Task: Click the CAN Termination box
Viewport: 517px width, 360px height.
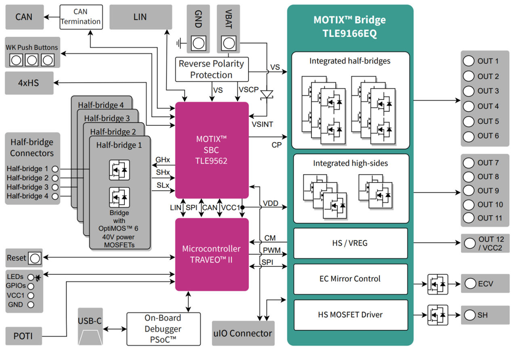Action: pos(81,17)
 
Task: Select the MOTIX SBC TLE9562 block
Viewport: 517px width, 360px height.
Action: pos(212,149)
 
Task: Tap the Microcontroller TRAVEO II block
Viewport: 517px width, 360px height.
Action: pos(212,254)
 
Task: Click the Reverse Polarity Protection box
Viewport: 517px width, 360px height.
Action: pos(211,69)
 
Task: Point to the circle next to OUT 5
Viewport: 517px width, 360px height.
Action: pos(469,121)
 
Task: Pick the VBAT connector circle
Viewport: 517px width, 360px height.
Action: pos(228,42)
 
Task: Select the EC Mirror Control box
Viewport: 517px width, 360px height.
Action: pos(350,279)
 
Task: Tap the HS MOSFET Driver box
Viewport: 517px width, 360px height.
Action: pos(350,315)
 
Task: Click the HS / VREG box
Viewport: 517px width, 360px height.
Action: pos(350,243)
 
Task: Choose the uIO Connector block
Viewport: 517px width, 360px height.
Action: pos(243,333)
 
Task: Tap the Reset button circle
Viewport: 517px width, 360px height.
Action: pos(35,258)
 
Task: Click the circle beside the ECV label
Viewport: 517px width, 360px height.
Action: pos(470,284)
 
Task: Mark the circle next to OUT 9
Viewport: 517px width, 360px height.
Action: pos(469,190)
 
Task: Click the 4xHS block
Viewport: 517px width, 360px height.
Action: pos(29,83)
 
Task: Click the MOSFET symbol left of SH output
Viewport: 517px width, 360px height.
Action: pos(437,315)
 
